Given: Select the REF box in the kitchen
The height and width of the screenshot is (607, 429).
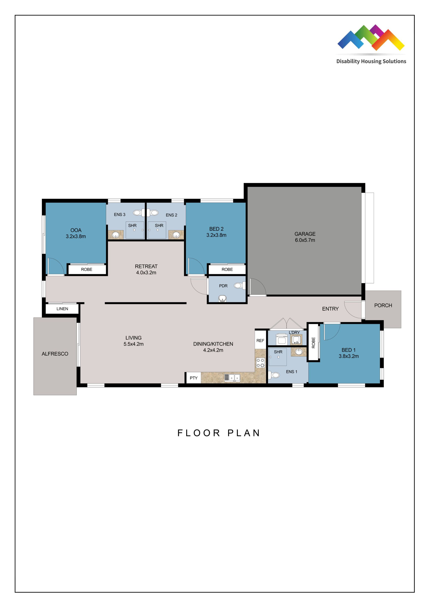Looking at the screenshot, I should coord(260,340).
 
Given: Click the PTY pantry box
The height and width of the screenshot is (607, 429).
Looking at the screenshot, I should coord(194,378).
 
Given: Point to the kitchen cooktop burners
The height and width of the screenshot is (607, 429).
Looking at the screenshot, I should coord(260,363).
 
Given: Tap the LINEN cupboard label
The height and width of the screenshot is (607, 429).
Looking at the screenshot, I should coord(62,309).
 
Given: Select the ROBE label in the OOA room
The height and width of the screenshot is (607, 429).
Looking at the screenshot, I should coord(87,269).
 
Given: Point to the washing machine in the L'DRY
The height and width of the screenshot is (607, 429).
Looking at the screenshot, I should coord(282,340).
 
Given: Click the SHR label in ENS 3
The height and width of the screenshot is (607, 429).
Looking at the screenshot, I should coord(132,225).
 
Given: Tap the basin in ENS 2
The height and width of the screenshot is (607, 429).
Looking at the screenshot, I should coord(176,235).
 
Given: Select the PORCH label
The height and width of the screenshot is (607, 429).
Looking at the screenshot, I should coord(383,305).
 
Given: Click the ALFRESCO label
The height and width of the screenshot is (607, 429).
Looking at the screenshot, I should coord(55,354).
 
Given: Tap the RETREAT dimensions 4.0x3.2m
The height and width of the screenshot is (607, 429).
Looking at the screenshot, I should coord(146,273).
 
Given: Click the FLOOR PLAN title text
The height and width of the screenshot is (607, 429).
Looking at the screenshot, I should coord(219,433).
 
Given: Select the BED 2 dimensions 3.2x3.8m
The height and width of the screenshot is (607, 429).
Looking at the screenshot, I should coord(216,235).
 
